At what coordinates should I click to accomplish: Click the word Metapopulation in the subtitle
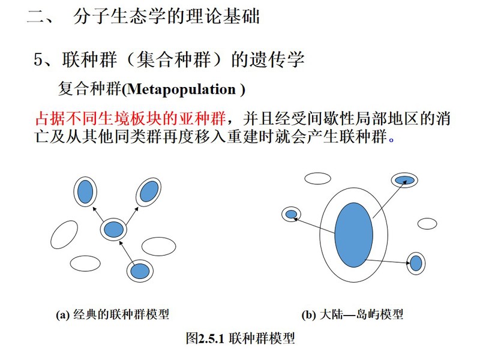[x=181, y=89]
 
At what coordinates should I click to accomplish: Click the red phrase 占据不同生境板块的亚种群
[x=131, y=118]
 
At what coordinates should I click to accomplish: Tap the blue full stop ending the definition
[x=391, y=140]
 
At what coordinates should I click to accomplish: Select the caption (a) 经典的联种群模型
[x=112, y=314]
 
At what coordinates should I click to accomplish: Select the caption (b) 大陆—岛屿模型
[x=352, y=314]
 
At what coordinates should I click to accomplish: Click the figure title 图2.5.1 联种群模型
[x=241, y=338]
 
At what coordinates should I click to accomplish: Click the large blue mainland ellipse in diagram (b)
[x=354, y=235]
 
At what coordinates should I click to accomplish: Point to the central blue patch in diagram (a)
[x=113, y=230]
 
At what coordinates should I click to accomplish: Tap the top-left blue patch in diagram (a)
[x=85, y=191]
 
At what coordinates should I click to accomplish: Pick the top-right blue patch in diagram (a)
[x=149, y=191]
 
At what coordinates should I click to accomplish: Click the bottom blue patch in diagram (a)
[x=140, y=271]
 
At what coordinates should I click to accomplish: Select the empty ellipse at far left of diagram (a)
[x=64, y=235]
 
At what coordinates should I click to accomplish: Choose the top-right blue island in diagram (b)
[x=404, y=180]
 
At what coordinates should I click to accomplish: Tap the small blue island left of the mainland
[x=291, y=214]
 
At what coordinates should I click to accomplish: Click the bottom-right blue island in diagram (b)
[x=416, y=263]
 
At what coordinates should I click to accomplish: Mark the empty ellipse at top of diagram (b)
[x=318, y=178]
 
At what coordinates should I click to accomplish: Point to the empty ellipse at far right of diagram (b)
[x=427, y=223]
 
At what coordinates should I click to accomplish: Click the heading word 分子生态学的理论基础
[x=167, y=16]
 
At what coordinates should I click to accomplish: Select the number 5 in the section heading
[x=38, y=59]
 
